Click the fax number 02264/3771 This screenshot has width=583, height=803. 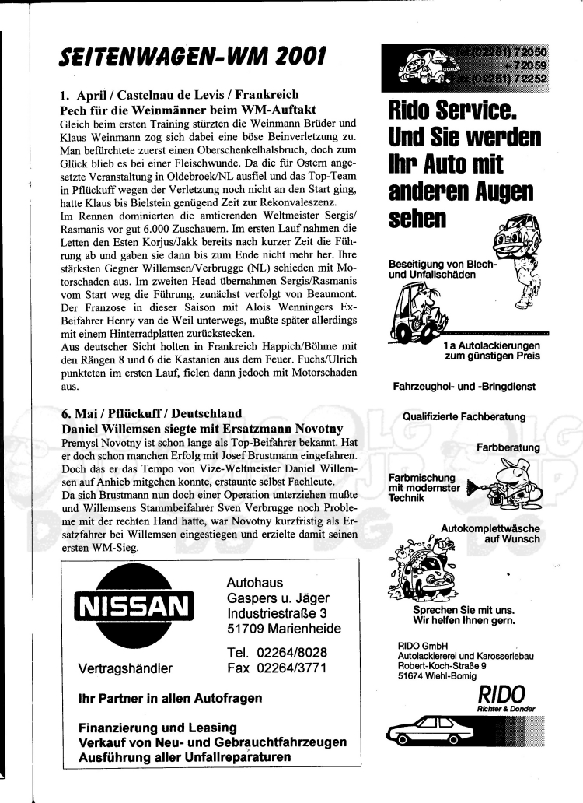(277, 668)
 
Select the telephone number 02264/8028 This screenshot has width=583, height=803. (277, 652)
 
